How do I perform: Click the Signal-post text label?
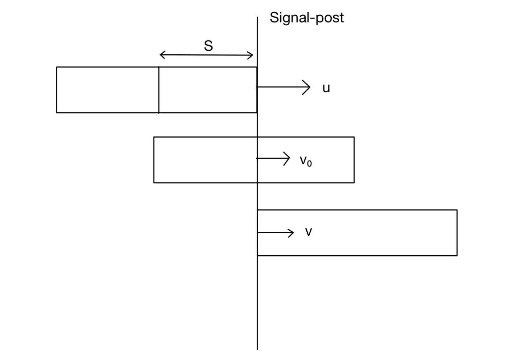(x=306, y=17)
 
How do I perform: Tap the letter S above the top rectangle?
(x=208, y=46)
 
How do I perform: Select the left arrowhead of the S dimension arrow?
(x=161, y=55)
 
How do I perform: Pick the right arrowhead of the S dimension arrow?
(x=252, y=55)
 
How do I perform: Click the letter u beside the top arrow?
(x=326, y=88)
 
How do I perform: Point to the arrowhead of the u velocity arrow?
(x=309, y=87)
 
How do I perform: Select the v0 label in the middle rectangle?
(x=306, y=160)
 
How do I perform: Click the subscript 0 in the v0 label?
(x=309, y=164)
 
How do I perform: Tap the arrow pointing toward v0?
(x=273, y=158)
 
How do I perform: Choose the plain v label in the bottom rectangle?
(x=308, y=232)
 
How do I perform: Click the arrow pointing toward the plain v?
(x=276, y=233)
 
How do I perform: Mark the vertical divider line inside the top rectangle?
(x=159, y=90)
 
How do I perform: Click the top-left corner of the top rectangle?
(x=57, y=67)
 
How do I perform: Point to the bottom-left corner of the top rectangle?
(x=57, y=113)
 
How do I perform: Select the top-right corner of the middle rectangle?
(x=354, y=137)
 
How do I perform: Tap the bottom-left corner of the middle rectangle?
(x=154, y=183)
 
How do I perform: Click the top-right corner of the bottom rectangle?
(x=457, y=210)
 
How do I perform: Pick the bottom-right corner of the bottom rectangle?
(x=457, y=255)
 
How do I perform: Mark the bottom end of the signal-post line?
(x=257, y=349)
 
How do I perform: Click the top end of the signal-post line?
(x=257, y=17)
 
